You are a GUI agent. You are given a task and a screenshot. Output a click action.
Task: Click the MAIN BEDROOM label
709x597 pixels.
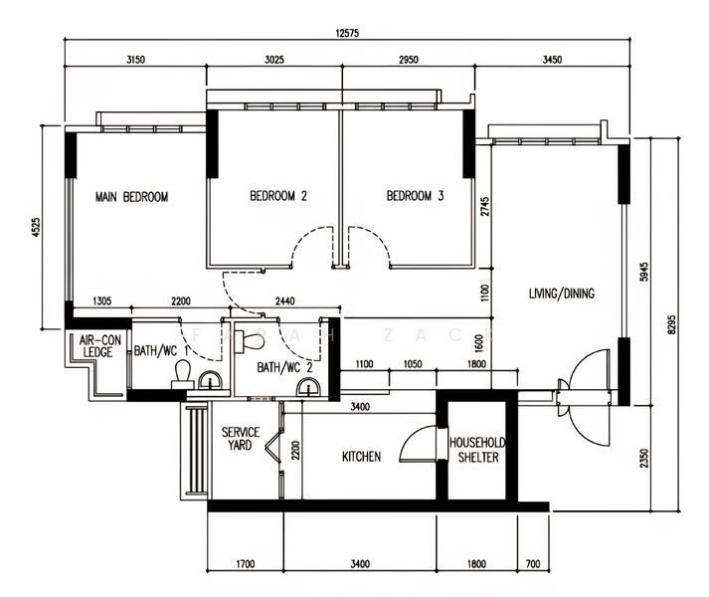131,197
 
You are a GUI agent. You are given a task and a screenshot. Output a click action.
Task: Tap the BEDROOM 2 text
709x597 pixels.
277,197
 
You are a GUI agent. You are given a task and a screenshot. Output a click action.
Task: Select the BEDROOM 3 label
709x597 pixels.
415,197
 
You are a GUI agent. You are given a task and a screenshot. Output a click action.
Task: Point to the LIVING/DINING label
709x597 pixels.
561,294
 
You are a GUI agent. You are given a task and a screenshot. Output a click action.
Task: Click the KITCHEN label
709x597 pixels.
361,457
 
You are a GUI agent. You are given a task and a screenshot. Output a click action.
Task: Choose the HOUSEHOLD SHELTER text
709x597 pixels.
477,450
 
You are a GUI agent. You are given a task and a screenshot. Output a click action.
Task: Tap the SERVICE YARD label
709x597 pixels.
240,439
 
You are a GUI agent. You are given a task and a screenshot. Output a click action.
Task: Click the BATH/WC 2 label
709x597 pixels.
284,367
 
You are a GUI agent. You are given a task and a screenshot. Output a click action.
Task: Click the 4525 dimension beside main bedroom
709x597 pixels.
36,228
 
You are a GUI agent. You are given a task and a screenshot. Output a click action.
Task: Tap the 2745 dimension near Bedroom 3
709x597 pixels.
484,208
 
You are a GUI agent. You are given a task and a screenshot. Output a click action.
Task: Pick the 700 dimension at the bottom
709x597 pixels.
533,564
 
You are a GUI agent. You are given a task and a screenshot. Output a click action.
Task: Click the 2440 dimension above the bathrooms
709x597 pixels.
284,301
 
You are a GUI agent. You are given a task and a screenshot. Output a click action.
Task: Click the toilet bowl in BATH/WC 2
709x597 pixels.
254,341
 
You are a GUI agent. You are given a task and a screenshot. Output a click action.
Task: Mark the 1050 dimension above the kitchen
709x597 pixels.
413,365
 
